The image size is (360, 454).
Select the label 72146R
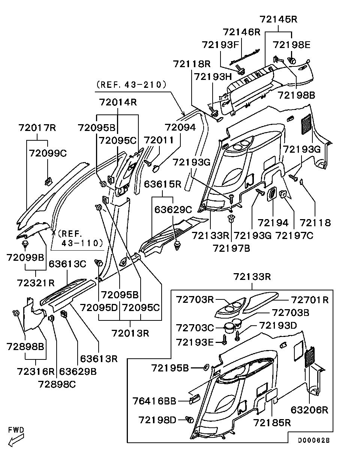point(241,32)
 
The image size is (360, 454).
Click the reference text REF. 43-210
point(131,85)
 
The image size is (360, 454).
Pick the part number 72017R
point(37,128)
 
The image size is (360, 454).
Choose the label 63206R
point(309,410)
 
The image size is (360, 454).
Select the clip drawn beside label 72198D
point(189,419)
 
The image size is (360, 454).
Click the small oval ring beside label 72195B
point(206,367)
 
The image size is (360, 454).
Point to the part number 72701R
point(310,300)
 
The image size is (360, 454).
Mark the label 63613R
point(99,359)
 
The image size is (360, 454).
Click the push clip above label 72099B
point(25,245)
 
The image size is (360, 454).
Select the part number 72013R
point(130,332)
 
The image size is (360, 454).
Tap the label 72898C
point(57,384)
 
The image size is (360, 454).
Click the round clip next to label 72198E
point(292,60)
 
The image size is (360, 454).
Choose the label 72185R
point(272,423)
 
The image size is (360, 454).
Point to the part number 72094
point(180,128)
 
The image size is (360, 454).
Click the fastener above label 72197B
point(231,218)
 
